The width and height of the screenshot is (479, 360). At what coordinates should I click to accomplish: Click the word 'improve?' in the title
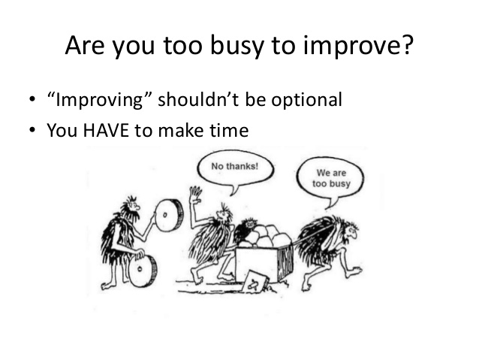pyautogui.click(x=358, y=46)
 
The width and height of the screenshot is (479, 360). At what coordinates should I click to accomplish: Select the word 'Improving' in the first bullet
pyautogui.click(x=99, y=100)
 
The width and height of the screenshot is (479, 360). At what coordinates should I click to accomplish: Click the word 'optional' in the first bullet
pyautogui.click(x=306, y=100)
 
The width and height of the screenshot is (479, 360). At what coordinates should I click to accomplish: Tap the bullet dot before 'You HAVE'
pyautogui.click(x=32, y=130)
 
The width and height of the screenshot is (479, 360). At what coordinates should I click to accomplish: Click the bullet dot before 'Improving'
pyautogui.click(x=32, y=99)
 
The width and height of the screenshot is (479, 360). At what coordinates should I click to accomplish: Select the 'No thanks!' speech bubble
pyautogui.click(x=235, y=171)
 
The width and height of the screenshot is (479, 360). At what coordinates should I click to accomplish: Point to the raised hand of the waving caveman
pyautogui.click(x=195, y=195)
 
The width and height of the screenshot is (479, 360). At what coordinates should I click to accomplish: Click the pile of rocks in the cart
pyautogui.click(x=265, y=236)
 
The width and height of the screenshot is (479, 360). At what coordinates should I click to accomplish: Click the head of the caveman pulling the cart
pyautogui.click(x=351, y=230)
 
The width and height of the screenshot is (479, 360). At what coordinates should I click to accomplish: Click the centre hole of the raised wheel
pyautogui.click(x=164, y=215)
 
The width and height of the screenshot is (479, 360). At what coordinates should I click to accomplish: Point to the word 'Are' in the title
pyautogui.click(x=85, y=45)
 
